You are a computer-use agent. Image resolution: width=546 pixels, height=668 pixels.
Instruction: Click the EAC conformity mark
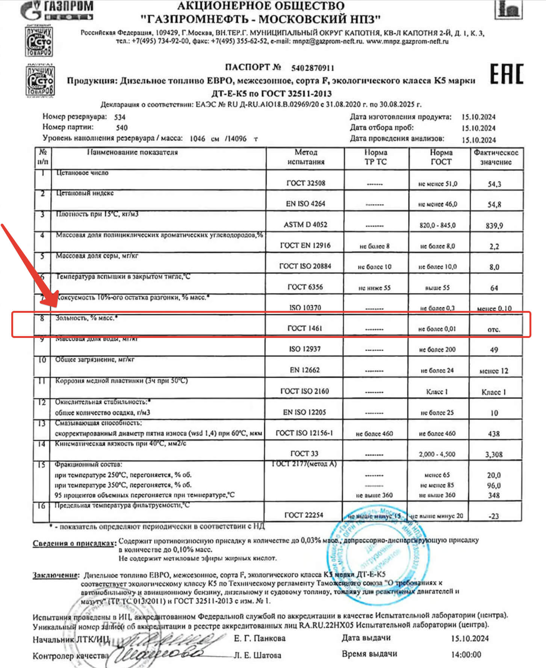506,74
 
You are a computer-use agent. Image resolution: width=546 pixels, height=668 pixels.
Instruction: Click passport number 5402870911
312,68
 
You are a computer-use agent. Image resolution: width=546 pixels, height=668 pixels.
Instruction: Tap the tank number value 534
120,117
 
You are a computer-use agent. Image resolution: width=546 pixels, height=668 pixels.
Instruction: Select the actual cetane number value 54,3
494,184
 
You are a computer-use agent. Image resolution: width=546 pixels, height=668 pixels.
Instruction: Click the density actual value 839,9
494,226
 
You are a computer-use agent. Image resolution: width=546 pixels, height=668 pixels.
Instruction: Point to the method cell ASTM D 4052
305,225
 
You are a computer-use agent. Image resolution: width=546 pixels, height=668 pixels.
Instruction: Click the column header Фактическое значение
496,157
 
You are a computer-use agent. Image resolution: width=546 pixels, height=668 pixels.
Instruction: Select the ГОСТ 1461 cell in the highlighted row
305,328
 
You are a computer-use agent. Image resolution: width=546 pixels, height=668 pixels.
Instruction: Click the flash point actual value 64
494,288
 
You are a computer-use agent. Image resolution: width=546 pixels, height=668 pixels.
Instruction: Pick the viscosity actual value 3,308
494,455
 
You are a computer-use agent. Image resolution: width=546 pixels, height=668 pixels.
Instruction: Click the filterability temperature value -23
494,516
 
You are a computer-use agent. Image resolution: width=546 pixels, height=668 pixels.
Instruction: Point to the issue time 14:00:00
466,654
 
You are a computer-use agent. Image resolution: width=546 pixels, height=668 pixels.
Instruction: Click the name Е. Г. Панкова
260,638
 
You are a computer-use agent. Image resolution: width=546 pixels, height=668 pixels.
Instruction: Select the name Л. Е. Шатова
257,655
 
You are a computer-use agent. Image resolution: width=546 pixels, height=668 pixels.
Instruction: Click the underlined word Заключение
56,575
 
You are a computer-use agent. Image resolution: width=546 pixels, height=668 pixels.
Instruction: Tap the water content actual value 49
494,350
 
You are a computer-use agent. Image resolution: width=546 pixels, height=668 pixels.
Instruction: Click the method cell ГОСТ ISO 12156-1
304,433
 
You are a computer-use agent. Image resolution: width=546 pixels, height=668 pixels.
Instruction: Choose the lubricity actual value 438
494,434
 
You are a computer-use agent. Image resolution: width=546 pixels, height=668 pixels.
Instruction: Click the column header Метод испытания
306,157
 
